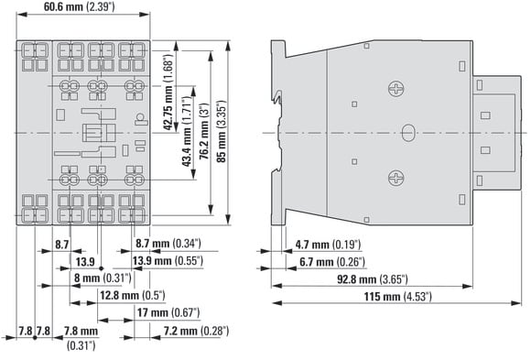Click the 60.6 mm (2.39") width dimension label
[x=79, y=6]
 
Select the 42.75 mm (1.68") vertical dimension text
[x=168, y=92]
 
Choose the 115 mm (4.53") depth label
[x=398, y=297]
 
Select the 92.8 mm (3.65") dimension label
[x=373, y=279]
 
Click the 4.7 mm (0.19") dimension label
[x=328, y=245]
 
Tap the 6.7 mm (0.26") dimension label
[x=332, y=262]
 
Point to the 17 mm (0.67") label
[x=168, y=312]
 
